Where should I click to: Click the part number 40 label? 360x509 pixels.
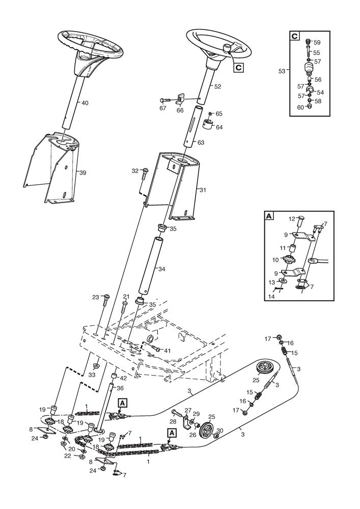click(85, 103)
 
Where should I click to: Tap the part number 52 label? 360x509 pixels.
click(217, 87)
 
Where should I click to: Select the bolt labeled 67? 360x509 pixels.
click(167, 99)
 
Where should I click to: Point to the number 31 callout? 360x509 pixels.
click(203, 190)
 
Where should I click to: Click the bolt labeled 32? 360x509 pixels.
click(145, 174)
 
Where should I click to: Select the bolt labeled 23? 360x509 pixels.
click(105, 301)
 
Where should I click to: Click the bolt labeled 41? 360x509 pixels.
click(156, 348)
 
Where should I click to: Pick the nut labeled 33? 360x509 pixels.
click(96, 366)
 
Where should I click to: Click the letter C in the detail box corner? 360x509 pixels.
click(294, 36)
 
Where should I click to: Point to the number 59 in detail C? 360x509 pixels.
click(317, 43)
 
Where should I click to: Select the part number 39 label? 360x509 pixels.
click(83, 173)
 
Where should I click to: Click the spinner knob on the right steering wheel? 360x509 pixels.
click(226, 49)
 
